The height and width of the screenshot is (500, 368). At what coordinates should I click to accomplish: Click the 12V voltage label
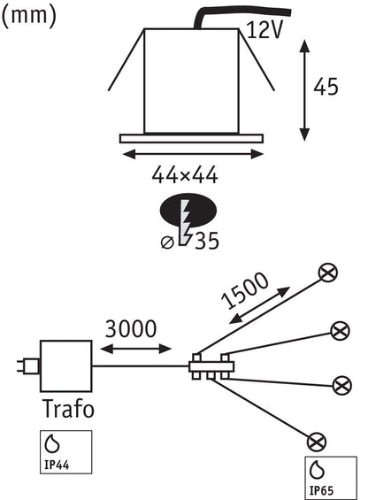265,30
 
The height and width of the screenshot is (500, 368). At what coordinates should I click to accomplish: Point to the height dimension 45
326,87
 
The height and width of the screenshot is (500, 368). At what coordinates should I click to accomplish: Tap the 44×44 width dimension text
185,174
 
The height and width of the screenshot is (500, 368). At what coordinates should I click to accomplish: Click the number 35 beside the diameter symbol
207,241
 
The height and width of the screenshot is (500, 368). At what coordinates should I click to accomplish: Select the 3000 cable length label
131,329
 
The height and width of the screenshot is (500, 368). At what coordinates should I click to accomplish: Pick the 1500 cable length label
244,290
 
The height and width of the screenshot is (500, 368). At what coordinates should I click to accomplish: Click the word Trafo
68,409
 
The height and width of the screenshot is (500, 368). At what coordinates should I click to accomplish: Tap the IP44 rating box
66,452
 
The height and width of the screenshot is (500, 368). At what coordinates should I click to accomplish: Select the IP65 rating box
331,478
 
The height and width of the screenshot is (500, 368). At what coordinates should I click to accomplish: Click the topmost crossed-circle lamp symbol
328,273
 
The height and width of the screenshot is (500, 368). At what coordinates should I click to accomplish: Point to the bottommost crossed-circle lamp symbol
317,442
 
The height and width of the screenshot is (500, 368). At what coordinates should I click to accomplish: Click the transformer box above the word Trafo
66,366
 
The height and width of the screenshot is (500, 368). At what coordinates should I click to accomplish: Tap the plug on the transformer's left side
28,366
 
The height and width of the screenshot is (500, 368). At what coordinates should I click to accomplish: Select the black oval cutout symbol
188,211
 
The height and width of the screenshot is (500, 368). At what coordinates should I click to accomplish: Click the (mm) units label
29,16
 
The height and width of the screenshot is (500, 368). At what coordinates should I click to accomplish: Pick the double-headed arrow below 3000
136,349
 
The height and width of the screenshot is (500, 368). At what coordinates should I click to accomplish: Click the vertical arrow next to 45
305,90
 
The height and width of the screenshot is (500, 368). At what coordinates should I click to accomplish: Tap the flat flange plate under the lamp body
192,138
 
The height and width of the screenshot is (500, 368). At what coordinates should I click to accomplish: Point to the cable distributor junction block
211,366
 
